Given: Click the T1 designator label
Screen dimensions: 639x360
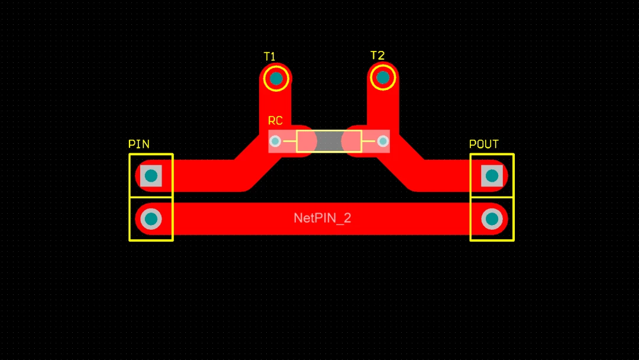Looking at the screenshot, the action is pos(269,56).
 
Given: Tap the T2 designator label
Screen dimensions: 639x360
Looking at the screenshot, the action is pos(377,56).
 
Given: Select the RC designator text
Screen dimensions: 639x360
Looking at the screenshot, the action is pos(275,121).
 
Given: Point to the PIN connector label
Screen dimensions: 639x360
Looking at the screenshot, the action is pos(139,144).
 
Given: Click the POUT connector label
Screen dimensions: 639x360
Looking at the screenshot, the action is pos(484,144).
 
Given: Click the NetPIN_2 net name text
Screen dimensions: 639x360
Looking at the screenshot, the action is pos(322,218).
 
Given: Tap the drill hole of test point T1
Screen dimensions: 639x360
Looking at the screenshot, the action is pos(276,78).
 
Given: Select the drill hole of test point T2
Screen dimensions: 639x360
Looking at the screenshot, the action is pos(383,77).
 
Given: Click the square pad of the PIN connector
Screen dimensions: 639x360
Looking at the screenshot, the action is pos(151,176).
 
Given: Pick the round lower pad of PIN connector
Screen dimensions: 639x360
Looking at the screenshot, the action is pos(151,219).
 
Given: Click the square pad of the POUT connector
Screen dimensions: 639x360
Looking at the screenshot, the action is pos(492,176).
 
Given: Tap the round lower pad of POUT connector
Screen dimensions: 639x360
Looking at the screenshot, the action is pos(492,219).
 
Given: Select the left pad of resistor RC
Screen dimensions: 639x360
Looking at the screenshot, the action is pos(275,142).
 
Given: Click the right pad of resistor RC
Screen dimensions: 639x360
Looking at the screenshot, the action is pos(383,142).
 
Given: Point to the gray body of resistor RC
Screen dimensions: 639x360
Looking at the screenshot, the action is pos(329,142).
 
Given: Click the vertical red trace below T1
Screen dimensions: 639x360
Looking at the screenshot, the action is pos(275,106).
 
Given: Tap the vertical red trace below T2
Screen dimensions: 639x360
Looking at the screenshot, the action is pos(383,106).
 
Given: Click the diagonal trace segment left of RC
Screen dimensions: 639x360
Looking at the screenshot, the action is pos(257,163).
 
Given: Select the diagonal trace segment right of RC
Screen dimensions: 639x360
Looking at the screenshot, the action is pos(401,163).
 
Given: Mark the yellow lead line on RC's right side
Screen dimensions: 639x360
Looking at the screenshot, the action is pos(369,142).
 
